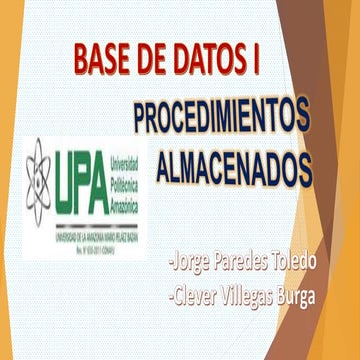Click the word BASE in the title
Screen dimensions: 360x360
coord(102,61)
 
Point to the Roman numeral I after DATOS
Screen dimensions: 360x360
coord(248,61)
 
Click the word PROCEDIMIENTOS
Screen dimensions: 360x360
coord(221,117)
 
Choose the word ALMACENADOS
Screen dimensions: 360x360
coord(234,161)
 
